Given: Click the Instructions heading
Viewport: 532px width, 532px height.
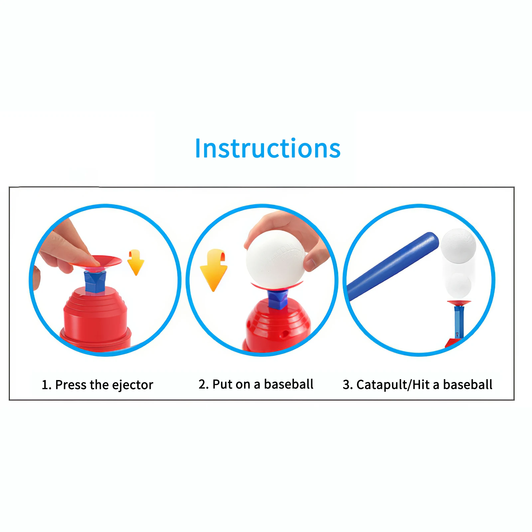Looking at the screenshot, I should click(x=268, y=148).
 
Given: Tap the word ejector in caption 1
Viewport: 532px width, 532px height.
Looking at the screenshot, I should click(x=133, y=385).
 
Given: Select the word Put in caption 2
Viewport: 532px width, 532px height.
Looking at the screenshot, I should click(x=222, y=384).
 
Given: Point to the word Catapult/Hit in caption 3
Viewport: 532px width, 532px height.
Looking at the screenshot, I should click(x=393, y=385).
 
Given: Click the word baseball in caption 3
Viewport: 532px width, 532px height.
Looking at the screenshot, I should click(x=467, y=385).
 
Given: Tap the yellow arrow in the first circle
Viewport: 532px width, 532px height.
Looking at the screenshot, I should click(x=136, y=262).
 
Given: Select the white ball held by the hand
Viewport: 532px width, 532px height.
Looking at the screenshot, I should click(x=275, y=259).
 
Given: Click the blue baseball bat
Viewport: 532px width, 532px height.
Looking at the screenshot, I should click(x=392, y=266).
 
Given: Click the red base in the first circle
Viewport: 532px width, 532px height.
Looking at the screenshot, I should click(x=95, y=319).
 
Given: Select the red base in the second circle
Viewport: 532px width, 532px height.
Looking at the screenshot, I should click(x=278, y=328).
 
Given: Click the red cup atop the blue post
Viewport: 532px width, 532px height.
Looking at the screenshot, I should click(x=459, y=303).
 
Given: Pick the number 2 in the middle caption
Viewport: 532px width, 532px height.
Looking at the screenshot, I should click(x=202, y=384).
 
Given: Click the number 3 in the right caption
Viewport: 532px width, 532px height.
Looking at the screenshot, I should click(x=347, y=385).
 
